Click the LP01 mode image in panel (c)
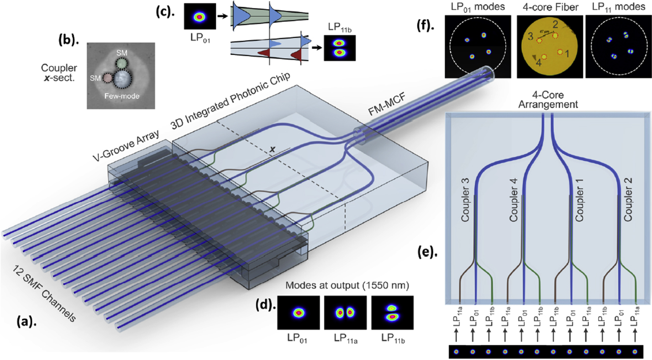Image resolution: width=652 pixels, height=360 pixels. click(x=200, y=17)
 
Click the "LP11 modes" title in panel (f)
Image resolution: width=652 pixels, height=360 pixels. click(x=617, y=7)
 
